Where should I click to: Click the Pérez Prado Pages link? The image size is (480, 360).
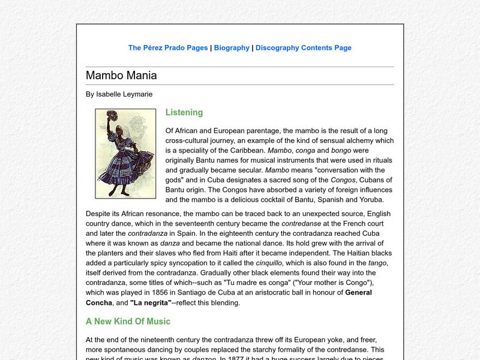pyautogui.click(x=168, y=48)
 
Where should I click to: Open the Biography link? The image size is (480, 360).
pyautogui.click(x=232, y=48)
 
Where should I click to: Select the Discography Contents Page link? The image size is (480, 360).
pyautogui.click(x=304, y=48)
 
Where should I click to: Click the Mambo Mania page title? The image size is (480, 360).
pyautogui.click(x=121, y=76)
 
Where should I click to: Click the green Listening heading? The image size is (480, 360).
pyautogui.click(x=184, y=112)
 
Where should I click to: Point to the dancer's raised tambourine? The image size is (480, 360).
pyautogui.click(x=112, y=118)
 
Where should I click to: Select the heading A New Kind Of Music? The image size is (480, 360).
pyautogui.click(x=128, y=322)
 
